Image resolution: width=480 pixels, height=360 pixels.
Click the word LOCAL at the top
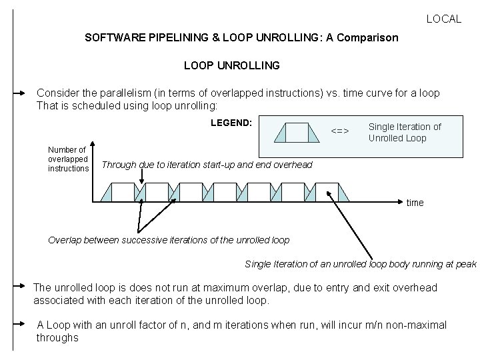coord(443,19)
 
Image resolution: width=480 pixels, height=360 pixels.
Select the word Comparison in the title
coord(367,38)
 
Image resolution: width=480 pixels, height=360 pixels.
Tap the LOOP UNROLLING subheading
coord(231,66)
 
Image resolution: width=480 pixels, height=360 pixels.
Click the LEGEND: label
coord(231,123)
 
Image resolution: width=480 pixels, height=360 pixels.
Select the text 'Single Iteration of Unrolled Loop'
coord(404,132)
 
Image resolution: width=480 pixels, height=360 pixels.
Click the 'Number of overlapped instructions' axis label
coord(68,159)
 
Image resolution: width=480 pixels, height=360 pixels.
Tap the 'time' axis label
coord(415,203)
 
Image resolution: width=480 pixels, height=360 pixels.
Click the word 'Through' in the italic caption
coord(119,165)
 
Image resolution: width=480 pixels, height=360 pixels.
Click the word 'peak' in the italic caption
coord(465,264)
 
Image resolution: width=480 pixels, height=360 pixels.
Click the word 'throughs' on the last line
coord(57,338)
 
